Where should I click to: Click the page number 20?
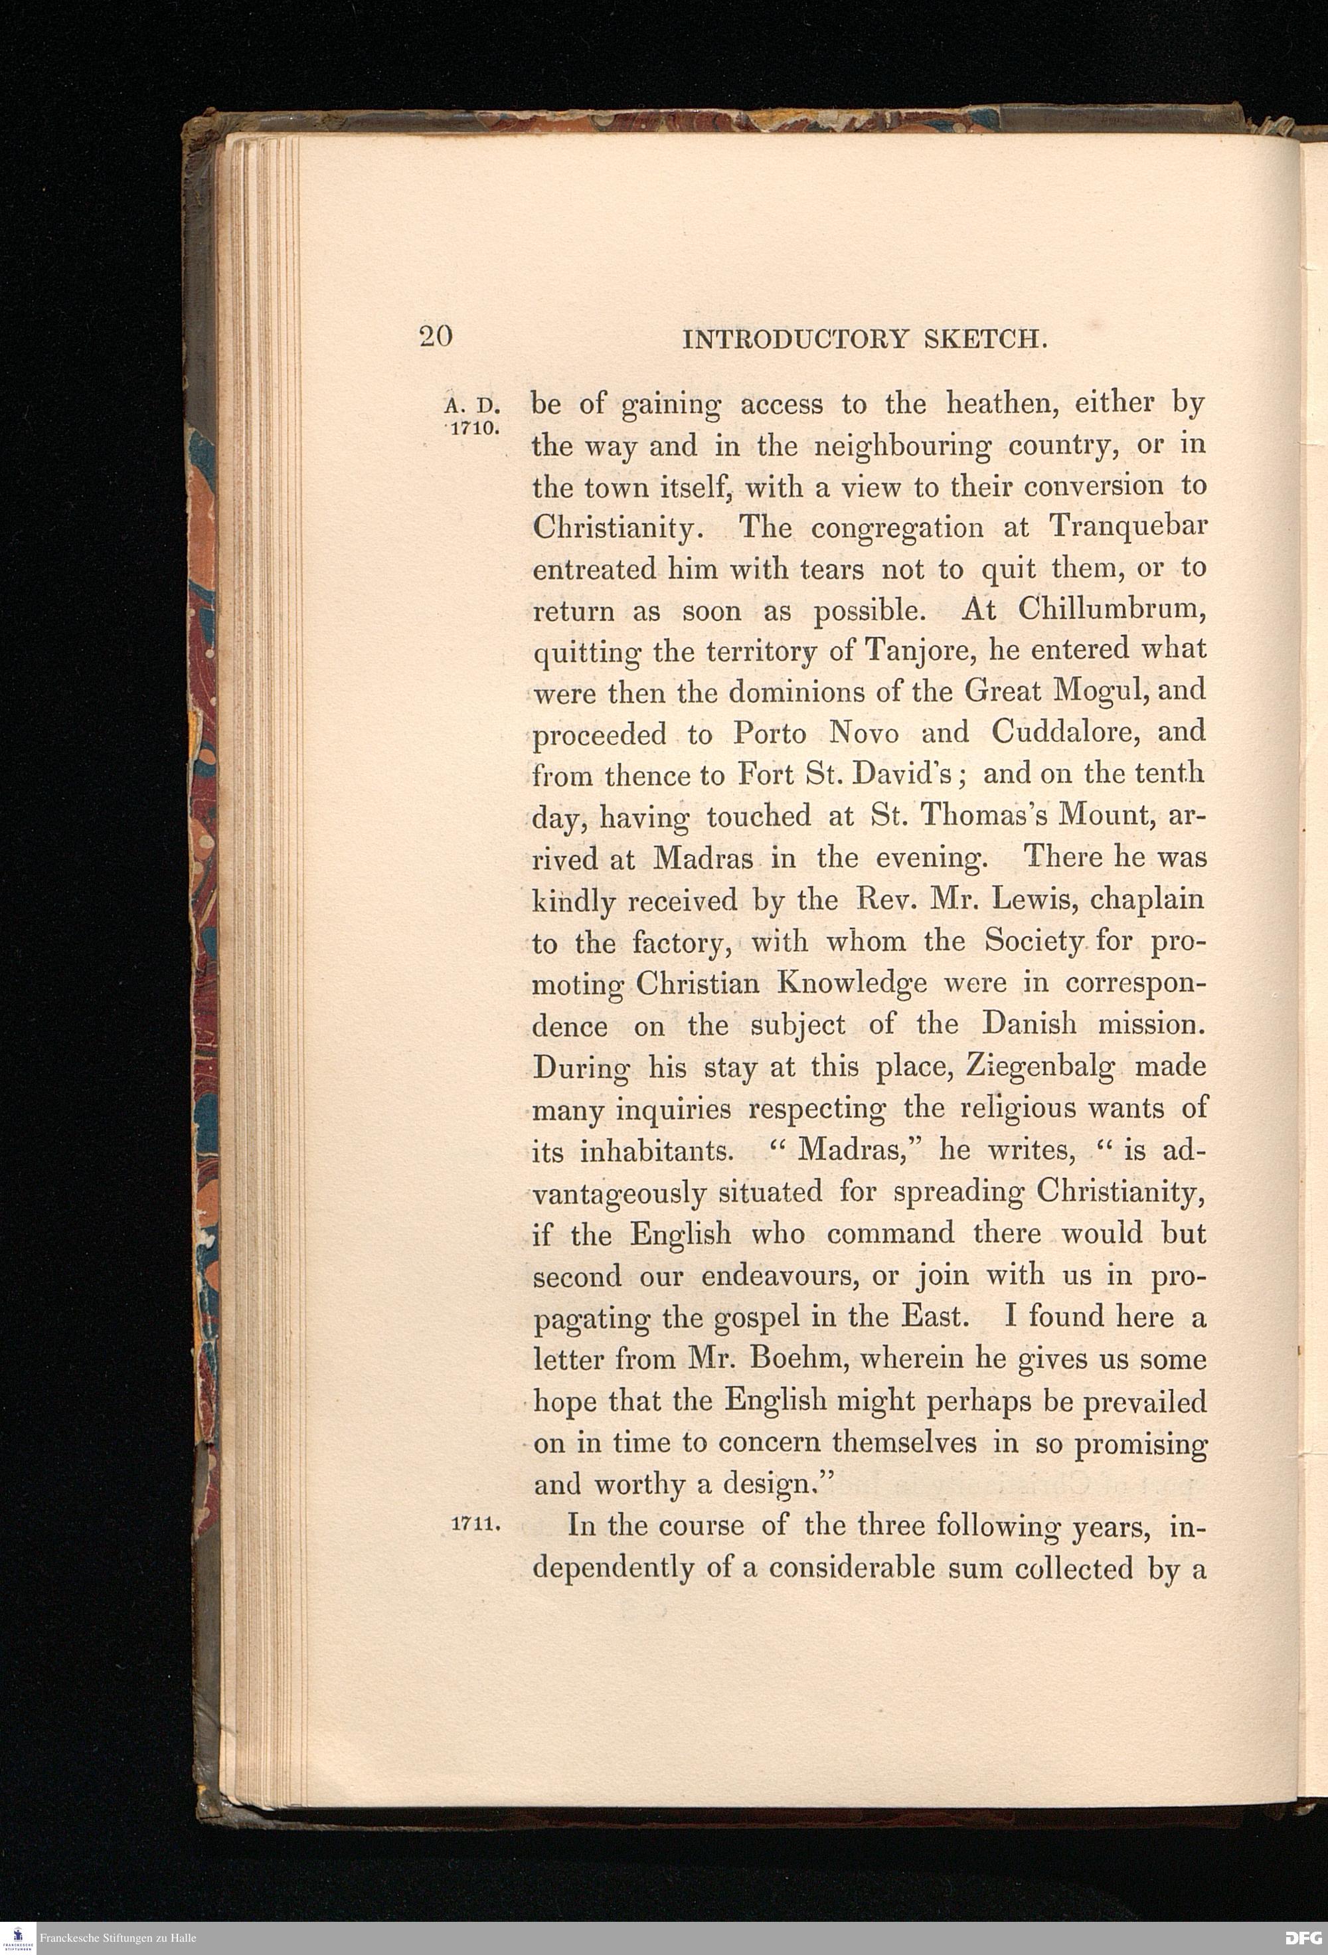pyautogui.click(x=436, y=337)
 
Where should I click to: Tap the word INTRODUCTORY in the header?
pyautogui.click(x=797, y=339)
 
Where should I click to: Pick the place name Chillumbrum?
pyautogui.click(x=1112, y=609)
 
